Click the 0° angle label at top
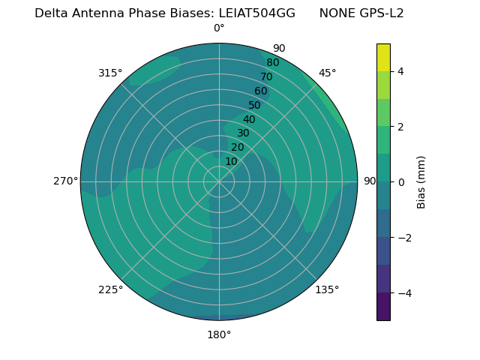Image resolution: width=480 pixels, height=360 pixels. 219,28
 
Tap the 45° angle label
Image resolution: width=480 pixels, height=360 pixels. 327,73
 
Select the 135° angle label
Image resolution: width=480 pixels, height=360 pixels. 327,289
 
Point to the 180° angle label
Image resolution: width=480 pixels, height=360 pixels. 219,334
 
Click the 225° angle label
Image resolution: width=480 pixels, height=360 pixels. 110,289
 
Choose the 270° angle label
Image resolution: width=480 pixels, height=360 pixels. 65,181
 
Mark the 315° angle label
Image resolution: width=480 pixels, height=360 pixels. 110,73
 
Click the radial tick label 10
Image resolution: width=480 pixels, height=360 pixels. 231,161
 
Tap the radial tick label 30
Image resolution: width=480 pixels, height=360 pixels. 243,133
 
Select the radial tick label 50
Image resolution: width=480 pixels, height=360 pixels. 255,105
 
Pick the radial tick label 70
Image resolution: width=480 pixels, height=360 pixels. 266,76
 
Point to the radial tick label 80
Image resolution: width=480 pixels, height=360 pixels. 272,63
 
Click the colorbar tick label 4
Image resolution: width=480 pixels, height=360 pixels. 401,71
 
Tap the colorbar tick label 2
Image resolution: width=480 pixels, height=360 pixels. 401,127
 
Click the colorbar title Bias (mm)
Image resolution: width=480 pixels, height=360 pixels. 421,181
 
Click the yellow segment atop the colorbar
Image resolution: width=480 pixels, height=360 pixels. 383,58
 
